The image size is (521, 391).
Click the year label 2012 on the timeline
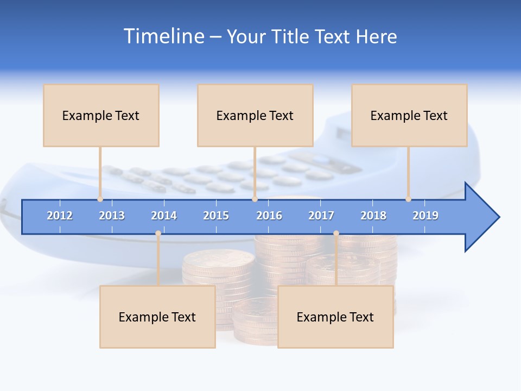coord(60,216)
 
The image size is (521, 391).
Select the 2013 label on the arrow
coord(112,216)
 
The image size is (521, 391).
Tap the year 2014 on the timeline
coord(164,216)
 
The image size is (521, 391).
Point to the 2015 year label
coord(216,216)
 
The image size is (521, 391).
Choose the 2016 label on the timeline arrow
coord(269,216)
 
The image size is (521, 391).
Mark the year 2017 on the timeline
coord(321,216)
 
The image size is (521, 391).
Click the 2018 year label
coord(373,216)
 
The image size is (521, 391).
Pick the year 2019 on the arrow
coord(425,216)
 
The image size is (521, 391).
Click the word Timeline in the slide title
coord(163,36)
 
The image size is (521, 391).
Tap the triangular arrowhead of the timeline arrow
coord(481,217)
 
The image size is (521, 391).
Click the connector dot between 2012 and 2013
coord(100,199)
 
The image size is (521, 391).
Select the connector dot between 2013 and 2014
coord(158,234)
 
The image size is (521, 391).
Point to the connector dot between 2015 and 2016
coord(255,199)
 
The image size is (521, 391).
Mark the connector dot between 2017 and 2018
coord(336,234)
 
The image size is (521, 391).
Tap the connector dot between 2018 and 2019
coord(408,199)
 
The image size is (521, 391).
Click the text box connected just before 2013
coord(101,115)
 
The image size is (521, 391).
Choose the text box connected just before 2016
coord(255,115)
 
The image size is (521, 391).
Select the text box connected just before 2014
coord(157,317)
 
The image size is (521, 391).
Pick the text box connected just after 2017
coord(335,317)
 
